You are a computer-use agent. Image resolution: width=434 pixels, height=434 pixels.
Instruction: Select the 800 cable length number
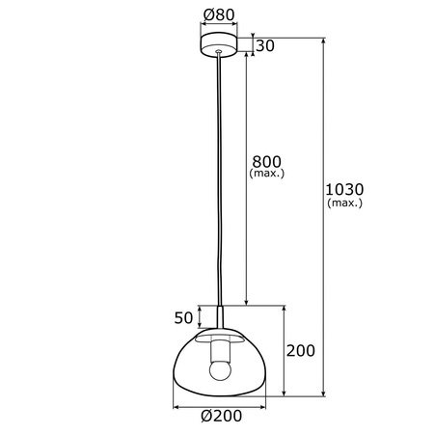pos(267,162)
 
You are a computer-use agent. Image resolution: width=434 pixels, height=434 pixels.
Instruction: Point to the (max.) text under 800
pos(267,175)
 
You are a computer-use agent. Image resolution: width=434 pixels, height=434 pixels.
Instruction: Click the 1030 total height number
pos(345,190)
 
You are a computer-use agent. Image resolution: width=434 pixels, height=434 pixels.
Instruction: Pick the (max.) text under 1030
pos(345,203)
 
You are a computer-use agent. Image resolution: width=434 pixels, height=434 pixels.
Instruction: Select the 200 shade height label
pos(302,352)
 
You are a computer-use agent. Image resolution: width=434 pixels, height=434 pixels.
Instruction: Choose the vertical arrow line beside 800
pos(246,241)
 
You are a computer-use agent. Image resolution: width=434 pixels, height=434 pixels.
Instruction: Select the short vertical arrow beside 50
pos(200,317)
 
